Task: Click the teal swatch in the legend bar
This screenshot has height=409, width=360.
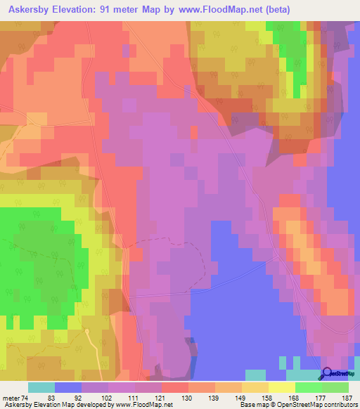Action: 41,387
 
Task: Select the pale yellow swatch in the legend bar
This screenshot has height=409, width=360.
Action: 281,387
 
